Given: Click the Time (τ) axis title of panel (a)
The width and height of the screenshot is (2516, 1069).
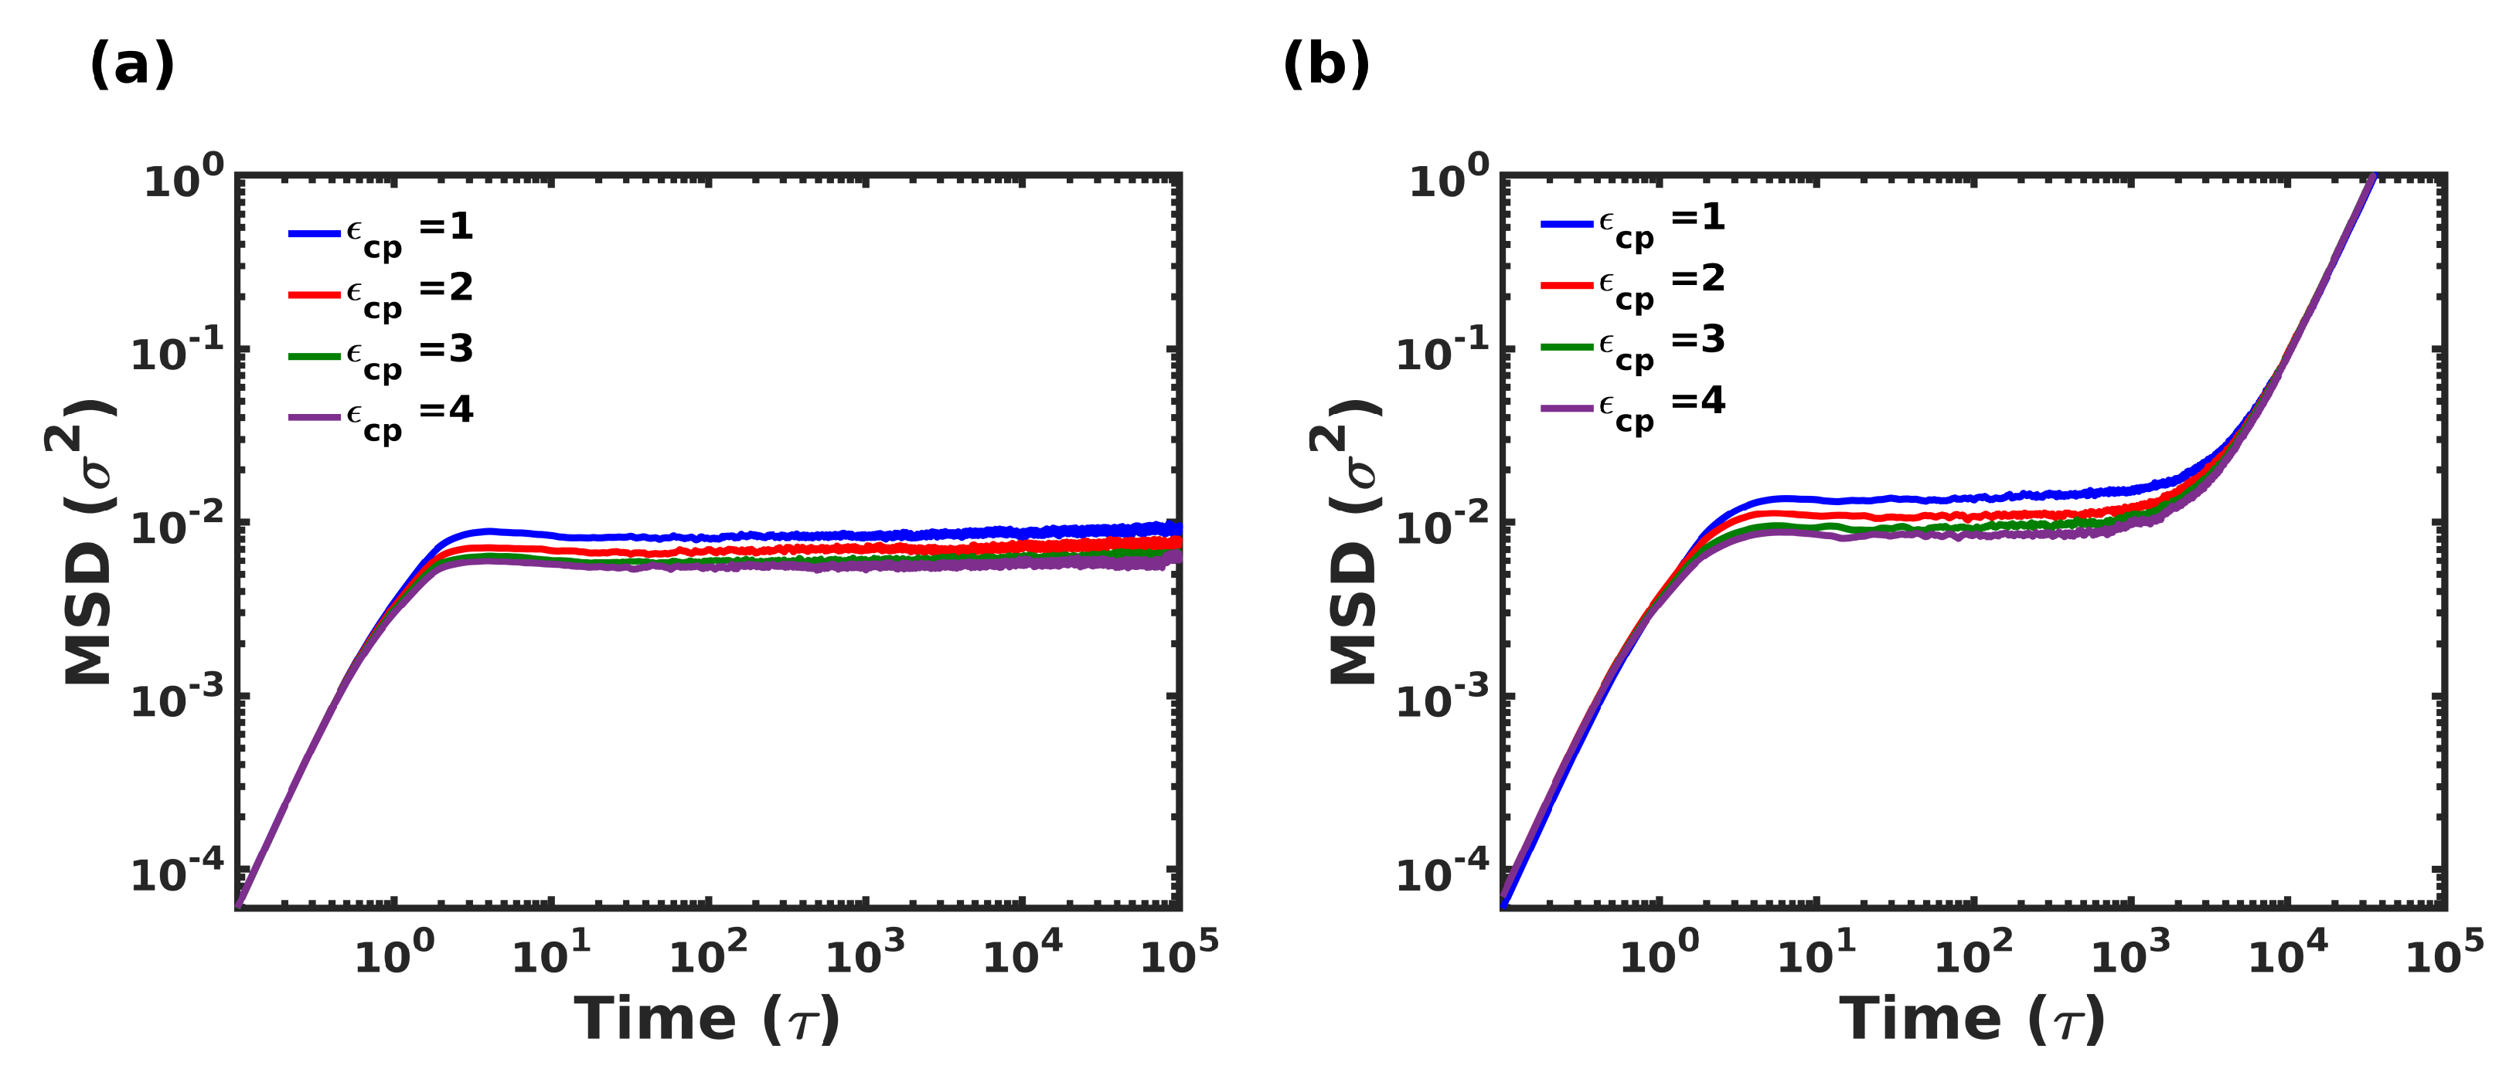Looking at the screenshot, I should point(706,1020).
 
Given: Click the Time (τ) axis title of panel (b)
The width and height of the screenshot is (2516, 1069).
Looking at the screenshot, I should point(1971,1020).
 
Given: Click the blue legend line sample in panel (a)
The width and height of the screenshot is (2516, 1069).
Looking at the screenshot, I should point(314,233).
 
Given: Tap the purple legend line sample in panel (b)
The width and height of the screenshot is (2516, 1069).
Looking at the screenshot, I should point(1567,407).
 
